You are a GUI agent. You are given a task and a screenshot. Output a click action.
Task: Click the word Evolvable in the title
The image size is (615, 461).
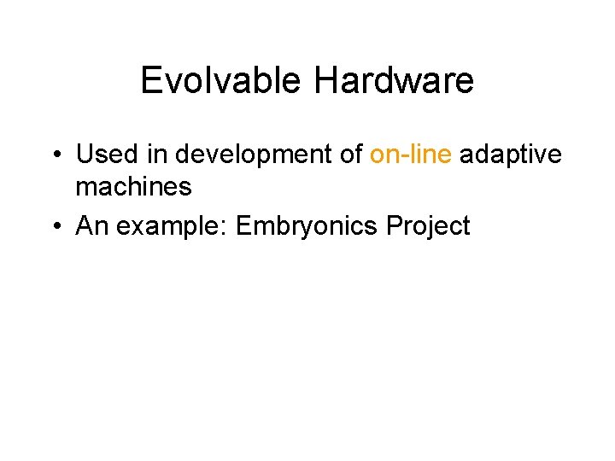pos(220,81)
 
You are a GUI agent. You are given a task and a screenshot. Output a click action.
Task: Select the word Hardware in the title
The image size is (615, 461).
pos(394,81)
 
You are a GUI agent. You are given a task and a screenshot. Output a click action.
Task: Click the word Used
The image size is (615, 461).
pos(103,155)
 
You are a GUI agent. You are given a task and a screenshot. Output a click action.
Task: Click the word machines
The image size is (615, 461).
pos(134,185)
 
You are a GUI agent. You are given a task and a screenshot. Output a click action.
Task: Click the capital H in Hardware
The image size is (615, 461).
pos(325,81)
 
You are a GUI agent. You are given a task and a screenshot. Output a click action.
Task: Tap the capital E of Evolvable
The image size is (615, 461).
pos(149,81)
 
